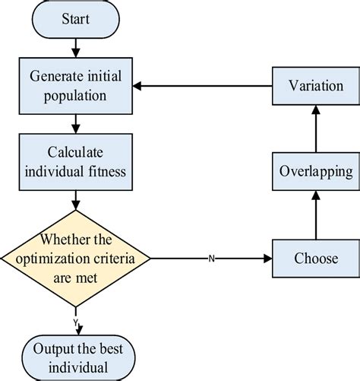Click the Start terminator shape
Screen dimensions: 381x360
point(75,20)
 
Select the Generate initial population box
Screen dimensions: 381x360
point(75,85)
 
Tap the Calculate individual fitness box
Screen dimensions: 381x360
point(75,160)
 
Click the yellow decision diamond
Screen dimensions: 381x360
point(75,259)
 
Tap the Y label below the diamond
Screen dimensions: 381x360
point(76,322)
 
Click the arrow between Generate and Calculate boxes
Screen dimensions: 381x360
point(75,123)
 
